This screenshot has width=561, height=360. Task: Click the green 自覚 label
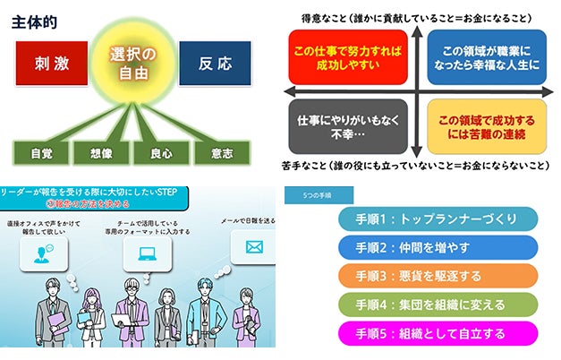tap(42, 153)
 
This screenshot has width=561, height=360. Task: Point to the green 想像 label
tap(100, 153)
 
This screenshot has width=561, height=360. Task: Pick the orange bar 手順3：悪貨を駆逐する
tap(438, 276)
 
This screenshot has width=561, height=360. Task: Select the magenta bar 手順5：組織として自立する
tap(438, 332)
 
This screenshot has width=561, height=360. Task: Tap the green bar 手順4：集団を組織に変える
tap(438, 304)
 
